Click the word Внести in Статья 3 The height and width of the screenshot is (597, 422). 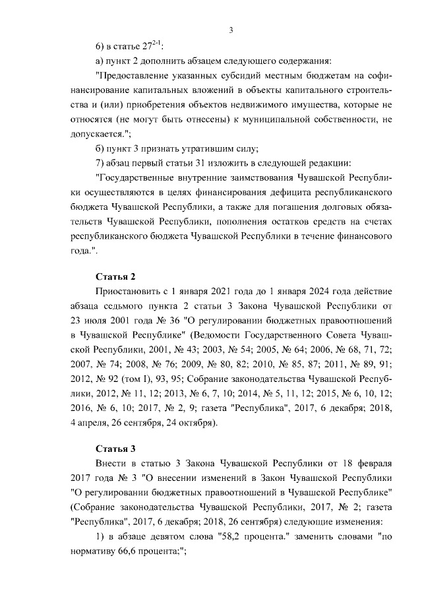(112, 464)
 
